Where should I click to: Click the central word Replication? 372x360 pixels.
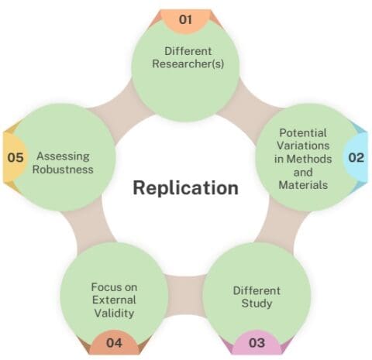click(x=184, y=187)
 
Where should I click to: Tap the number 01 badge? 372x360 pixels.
click(x=185, y=19)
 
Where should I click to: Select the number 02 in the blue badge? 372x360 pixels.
click(x=355, y=157)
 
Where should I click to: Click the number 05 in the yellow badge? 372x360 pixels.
click(x=15, y=157)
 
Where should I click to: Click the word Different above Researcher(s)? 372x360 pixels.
click(x=187, y=51)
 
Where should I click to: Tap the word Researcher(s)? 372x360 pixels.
click(x=187, y=64)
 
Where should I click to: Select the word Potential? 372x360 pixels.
click(x=303, y=132)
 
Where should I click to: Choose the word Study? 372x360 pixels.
click(x=257, y=303)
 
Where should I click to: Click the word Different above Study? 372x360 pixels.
click(x=257, y=290)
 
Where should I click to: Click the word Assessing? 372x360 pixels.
click(x=66, y=156)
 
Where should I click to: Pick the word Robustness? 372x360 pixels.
click(x=66, y=169)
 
